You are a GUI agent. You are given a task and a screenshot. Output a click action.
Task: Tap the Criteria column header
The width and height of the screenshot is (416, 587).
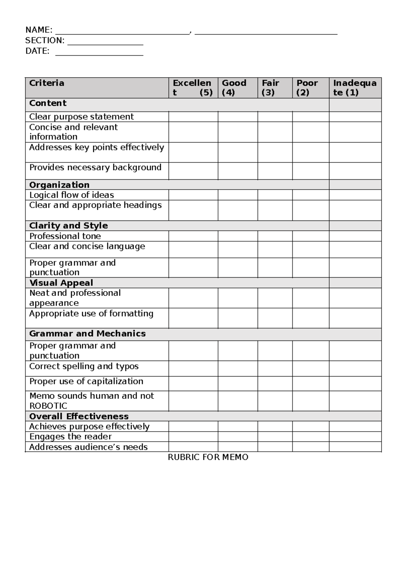pyautogui.click(x=47, y=83)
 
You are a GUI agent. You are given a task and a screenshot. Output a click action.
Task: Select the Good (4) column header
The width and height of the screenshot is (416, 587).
pyautogui.click(x=234, y=88)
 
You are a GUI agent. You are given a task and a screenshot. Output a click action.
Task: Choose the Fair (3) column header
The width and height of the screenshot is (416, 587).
pyautogui.click(x=270, y=88)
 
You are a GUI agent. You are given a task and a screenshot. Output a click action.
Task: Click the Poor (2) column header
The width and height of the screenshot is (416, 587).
pyautogui.click(x=307, y=88)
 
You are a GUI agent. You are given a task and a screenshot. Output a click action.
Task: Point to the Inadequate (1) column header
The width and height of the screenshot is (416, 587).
pyautogui.click(x=354, y=88)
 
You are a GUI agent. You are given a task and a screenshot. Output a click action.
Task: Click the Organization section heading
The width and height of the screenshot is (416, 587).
pyautogui.click(x=59, y=185)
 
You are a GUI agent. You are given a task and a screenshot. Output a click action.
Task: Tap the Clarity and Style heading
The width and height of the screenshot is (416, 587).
pyautogui.click(x=69, y=226)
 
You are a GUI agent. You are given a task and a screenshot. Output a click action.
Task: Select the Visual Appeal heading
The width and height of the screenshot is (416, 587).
pyautogui.click(x=61, y=283)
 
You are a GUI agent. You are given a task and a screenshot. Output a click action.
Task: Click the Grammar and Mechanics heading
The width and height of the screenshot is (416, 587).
pyautogui.click(x=87, y=334)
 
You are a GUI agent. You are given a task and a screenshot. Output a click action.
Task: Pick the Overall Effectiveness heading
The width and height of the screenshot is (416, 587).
pyautogui.click(x=79, y=416)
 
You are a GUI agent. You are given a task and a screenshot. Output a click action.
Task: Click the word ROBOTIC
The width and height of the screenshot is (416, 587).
pyautogui.click(x=48, y=406)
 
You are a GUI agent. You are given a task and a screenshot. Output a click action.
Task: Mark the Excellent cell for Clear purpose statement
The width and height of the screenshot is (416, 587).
pyautogui.click(x=193, y=117)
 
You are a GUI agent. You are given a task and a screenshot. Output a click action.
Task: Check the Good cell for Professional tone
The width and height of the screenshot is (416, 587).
pyautogui.click(x=237, y=236)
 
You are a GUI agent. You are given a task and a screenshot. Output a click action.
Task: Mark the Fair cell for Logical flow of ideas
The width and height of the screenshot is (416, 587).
pyautogui.click(x=275, y=195)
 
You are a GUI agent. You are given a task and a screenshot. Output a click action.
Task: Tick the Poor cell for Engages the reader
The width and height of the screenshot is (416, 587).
pyautogui.click(x=310, y=436)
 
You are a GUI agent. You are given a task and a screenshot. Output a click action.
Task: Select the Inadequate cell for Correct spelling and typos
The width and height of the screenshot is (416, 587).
pyautogui.click(x=355, y=369)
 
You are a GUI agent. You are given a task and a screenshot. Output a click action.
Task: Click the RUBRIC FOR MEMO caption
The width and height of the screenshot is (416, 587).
pyautogui.click(x=208, y=457)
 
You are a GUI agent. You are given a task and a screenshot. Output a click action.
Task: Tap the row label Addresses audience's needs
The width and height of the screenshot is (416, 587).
pyautogui.click(x=88, y=447)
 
